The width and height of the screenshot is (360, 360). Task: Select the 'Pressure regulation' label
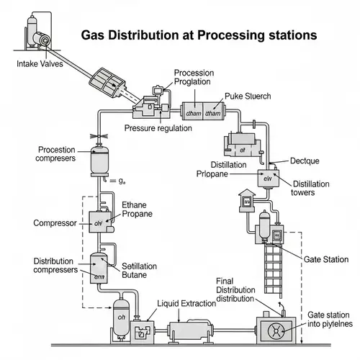[158, 128]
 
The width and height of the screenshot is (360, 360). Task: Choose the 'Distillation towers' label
[310, 189]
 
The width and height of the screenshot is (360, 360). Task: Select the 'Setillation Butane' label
[140, 270]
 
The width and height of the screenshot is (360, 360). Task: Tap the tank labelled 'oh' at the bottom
[122, 318]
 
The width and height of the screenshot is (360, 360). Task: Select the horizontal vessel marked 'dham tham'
[204, 112]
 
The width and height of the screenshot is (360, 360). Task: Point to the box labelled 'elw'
[267, 178]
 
